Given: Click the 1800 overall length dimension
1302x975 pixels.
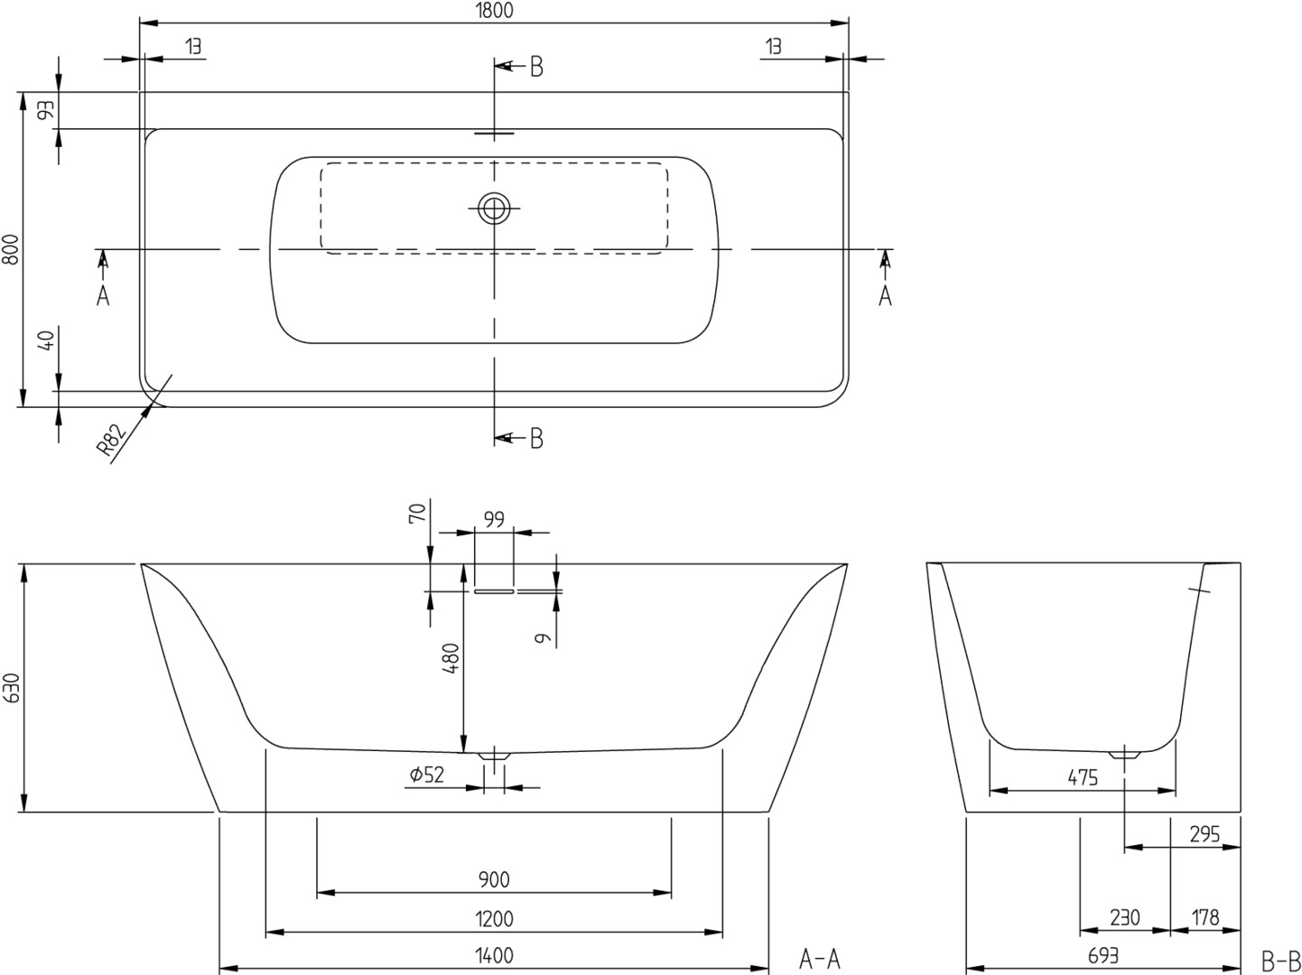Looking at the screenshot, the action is pos(494,10).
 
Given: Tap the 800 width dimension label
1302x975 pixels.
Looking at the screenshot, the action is pos(12,249).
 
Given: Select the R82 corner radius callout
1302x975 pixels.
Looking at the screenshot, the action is pos(111,440).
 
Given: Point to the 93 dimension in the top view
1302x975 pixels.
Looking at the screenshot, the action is pos(46,110).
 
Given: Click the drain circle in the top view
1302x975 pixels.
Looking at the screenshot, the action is pos(494,209).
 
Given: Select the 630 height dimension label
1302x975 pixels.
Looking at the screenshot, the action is pos(12,688).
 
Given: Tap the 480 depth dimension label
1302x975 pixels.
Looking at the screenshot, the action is pos(451,658).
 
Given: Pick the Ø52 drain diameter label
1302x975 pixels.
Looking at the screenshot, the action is pos(426,775).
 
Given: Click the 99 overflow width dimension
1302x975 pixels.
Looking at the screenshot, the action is pos(494,519).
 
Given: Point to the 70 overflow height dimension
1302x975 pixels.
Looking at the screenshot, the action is pos(417,513).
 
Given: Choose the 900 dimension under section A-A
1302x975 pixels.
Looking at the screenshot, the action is pos(494,879).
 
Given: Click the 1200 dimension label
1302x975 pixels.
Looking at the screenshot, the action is pos(494,919).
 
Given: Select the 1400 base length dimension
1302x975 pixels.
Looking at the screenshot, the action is pos(494,956).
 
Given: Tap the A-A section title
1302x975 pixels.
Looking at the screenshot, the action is pos(820,959).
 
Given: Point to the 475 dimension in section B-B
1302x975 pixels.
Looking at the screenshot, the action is pos(1083,777).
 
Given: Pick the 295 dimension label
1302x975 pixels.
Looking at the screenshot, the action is pos(1205,835).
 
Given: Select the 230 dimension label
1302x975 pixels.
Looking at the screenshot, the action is pos(1125,918).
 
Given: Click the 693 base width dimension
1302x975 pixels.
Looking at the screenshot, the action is pos(1103,956).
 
